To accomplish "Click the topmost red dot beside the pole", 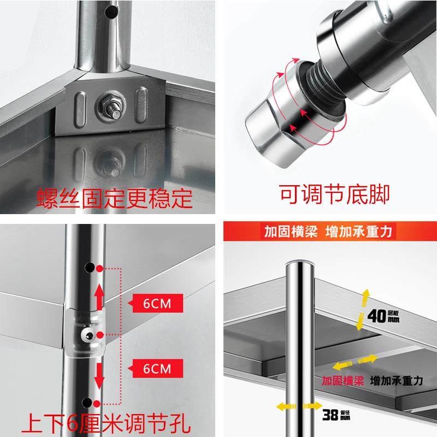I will click(x=99, y=268).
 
